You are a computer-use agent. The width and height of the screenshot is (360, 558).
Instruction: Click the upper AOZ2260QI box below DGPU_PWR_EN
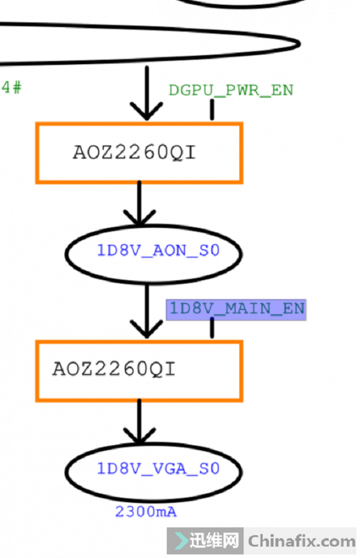pos(139,152)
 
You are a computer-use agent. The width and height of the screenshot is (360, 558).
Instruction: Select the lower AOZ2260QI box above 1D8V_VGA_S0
pos(139,370)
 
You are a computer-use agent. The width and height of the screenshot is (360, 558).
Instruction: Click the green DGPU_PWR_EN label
pos(231,90)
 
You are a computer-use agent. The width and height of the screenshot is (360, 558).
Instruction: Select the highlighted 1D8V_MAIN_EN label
pos(236,308)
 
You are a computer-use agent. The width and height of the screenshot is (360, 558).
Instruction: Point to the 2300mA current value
pos(146,512)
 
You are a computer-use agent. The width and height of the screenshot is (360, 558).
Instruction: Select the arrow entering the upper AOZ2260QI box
pos(147,93)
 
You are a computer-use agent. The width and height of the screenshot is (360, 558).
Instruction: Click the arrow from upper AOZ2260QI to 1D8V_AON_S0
pos(139,204)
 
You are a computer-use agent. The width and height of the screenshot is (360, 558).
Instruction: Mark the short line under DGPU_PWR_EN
pos(212,110)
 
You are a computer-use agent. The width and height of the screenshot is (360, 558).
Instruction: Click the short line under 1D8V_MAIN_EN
pos(212,328)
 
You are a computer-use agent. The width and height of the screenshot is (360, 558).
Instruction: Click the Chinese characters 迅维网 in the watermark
pos(215,541)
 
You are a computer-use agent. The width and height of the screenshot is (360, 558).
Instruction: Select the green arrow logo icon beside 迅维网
pos(180,541)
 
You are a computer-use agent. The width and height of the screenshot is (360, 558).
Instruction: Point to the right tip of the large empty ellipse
pos(298,44)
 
